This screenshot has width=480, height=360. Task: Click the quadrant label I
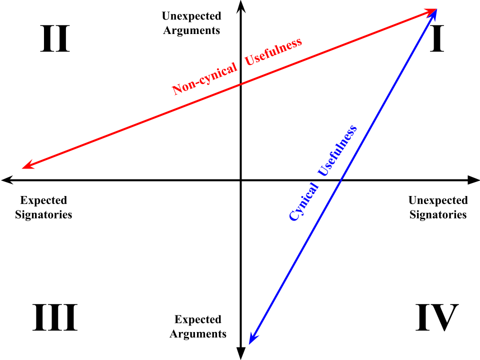click(x=437, y=39)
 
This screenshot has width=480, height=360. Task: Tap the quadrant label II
click(x=55, y=39)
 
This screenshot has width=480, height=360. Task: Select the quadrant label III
click(x=55, y=317)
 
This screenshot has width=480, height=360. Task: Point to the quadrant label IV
click(x=437, y=317)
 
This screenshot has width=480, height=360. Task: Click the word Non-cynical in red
click(x=204, y=79)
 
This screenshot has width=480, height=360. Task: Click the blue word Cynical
click(x=303, y=201)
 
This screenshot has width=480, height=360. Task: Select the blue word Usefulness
click(x=337, y=150)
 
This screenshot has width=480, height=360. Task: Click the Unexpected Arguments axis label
click(x=191, y=23)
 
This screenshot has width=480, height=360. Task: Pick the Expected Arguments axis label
click(x=198, y=326)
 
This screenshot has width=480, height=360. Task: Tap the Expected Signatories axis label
click(x=43, y=207)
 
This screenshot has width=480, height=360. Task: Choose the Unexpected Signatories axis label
click(x=438, y=207)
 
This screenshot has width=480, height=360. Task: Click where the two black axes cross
click(x=241, y=180)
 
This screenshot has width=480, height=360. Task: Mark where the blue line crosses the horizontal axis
click(x=340, y=180)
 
